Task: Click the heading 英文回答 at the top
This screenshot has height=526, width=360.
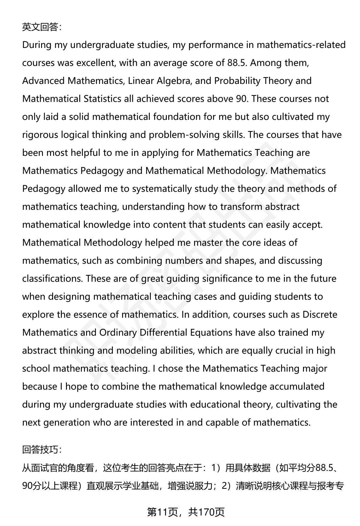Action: pos(42,27)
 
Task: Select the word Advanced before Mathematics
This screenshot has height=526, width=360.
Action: pos(43,81)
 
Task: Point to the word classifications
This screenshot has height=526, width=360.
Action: pos(52,279)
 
